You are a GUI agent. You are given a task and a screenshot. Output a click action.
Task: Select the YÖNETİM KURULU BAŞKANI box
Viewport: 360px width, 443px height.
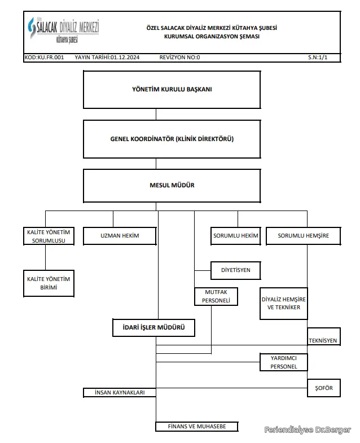pos(172,90)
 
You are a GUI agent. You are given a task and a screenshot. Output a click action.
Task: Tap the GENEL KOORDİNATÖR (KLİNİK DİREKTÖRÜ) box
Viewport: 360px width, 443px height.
pos(172,139)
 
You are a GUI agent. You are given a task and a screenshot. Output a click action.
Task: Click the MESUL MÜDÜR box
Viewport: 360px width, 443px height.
pos(172,186)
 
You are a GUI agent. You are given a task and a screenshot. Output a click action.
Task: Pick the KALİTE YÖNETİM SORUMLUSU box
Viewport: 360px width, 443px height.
pos(49,236)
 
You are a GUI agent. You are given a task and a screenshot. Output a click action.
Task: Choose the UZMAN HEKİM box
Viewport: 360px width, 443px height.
pos(120,236)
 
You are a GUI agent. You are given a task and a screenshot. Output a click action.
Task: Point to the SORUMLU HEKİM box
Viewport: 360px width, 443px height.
pos(236,236)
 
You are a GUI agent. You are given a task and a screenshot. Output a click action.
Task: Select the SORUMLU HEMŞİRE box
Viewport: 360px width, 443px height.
pos(304,236)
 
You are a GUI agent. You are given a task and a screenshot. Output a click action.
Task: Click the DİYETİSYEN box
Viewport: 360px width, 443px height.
pos(236,270)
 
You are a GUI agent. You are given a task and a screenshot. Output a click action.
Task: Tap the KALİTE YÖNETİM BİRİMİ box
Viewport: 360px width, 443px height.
pos(49,283)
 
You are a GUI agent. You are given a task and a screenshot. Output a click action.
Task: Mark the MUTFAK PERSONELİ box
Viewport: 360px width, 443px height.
pos(216,296)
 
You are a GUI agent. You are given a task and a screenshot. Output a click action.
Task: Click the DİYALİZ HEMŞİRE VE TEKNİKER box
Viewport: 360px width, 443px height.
pos(284,304)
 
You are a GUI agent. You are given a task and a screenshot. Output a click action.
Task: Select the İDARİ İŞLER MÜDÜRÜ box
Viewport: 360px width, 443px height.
pos(153,328)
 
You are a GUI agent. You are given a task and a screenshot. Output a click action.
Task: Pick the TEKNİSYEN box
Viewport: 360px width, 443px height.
pos(324,336)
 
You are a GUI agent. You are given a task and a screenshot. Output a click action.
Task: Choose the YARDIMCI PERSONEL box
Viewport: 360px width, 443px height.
pos(284,362)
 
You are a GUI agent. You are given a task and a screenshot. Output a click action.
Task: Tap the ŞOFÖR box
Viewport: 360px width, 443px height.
pos(324,388)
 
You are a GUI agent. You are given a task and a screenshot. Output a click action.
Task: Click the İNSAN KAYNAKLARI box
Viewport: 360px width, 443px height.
pos(120,392)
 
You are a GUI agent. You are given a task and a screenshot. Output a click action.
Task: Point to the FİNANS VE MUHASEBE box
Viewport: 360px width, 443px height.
pos(197,426)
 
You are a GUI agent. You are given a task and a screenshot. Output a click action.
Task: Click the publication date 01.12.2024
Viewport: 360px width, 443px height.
pos(125,58)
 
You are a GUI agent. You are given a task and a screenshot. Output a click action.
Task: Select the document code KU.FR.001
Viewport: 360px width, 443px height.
pos(51,58)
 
